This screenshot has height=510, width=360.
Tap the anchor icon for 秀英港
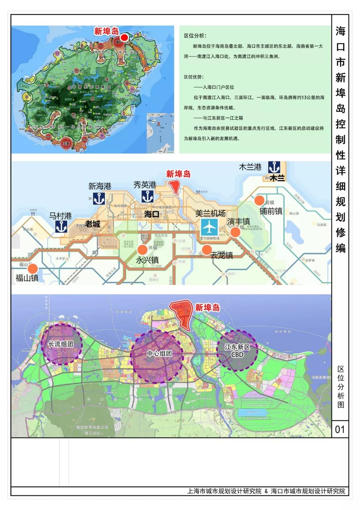click(147, 196)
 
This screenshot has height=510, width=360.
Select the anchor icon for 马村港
click(61, 227)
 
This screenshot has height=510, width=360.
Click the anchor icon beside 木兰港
click(274, 167)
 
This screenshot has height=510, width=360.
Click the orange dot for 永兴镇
click(142, 249)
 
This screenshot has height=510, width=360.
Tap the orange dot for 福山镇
click(33, 269)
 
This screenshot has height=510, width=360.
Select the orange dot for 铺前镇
click(259, 200)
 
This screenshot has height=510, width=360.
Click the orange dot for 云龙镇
click(207, 249)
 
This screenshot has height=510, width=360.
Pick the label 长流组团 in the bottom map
click(61, 344)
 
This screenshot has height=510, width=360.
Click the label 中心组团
click(159, 353)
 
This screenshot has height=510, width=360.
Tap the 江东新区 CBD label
click(237, 351)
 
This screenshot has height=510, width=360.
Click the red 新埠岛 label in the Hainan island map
click(106, 31)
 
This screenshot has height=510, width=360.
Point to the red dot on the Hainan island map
click(124, 37)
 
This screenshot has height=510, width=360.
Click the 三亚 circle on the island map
click(66, 143)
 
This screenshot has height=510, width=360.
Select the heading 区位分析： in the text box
click(195, 36)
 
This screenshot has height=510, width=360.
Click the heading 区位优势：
click(194, 77)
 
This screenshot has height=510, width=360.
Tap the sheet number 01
click(340, 429)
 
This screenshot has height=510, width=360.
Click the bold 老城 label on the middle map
click(92, 224)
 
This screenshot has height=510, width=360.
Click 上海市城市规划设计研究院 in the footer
click(224, 491)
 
